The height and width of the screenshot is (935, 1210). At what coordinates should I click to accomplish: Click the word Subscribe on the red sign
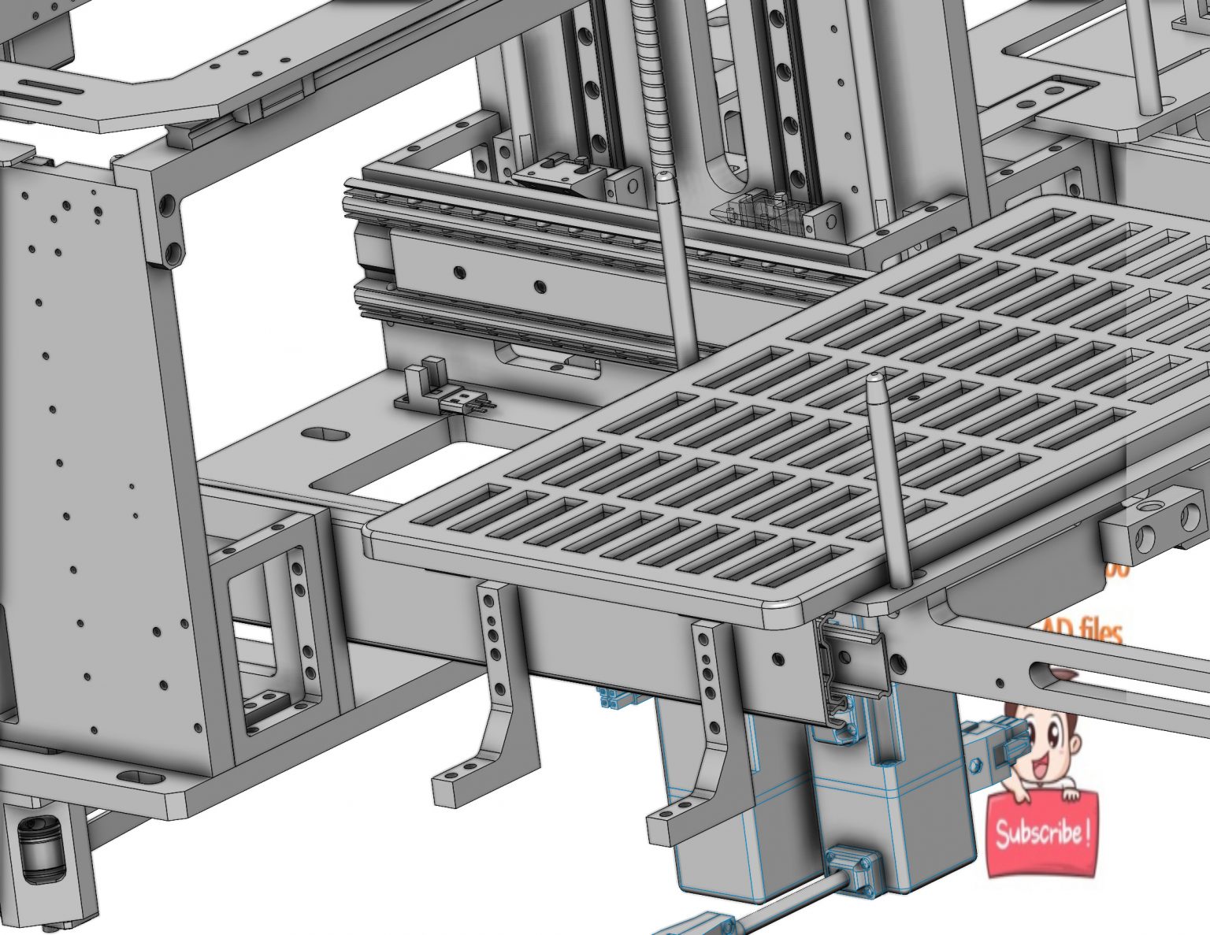tap(1041, 833)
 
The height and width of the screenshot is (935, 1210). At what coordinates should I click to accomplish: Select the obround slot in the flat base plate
tap(328, 435)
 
